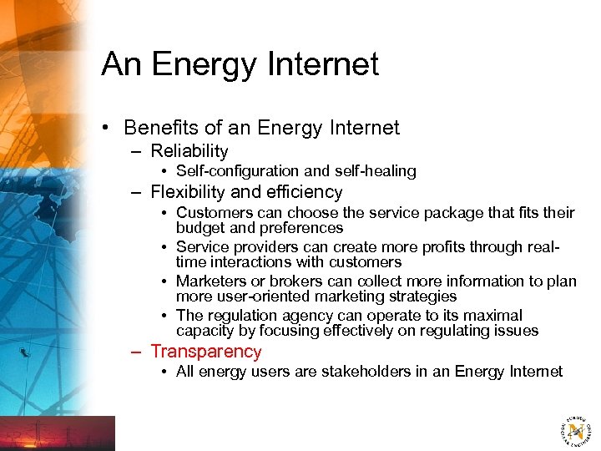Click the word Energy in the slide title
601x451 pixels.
click(x=200, y=64)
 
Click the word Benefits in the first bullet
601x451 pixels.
click(x=163, y=128)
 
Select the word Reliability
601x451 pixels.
click(x=189, y=151)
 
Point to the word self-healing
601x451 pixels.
click(x=376, y=171)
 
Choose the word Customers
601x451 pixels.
click(x=212, y=213)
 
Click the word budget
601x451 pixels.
click(x=199, y=228)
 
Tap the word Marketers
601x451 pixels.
click(x=210, y=281)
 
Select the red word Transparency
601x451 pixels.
click(x=206, y=352)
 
